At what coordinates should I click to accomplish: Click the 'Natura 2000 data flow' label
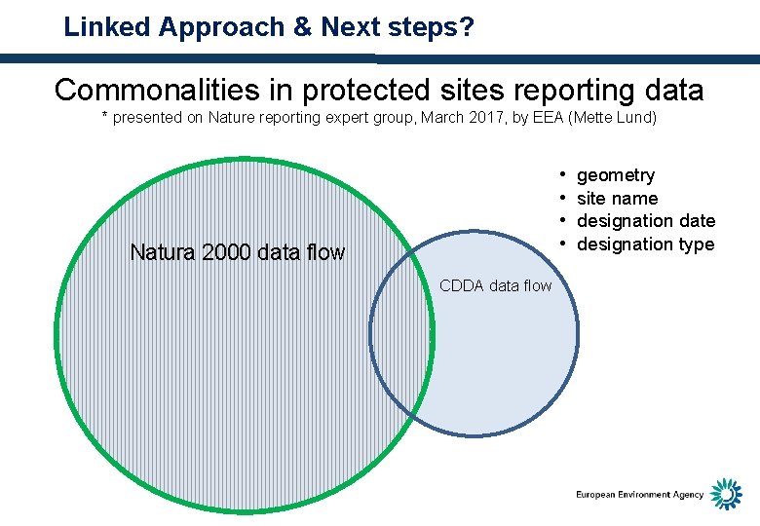pyautogui.click(x=237, y=253)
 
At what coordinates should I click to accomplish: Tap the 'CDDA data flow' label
pyautogui.click(x=496, y=285)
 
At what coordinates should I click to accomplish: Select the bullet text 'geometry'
pyautogui.click(x=616, y=175)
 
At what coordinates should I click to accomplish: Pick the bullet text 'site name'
pyautogui.click(x=618, y=199)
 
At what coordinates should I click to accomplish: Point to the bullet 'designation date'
pyautogui.click(x=646, y=221)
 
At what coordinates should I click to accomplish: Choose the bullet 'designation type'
pyautogui.click(x=646, y=244)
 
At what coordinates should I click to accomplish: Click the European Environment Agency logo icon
pyautogui.click(x=725, y=494)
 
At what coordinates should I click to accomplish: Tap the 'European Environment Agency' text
pyautogui.click(x=639, y=495)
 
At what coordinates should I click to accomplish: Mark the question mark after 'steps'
pyautogui.click(x=468, y=27)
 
